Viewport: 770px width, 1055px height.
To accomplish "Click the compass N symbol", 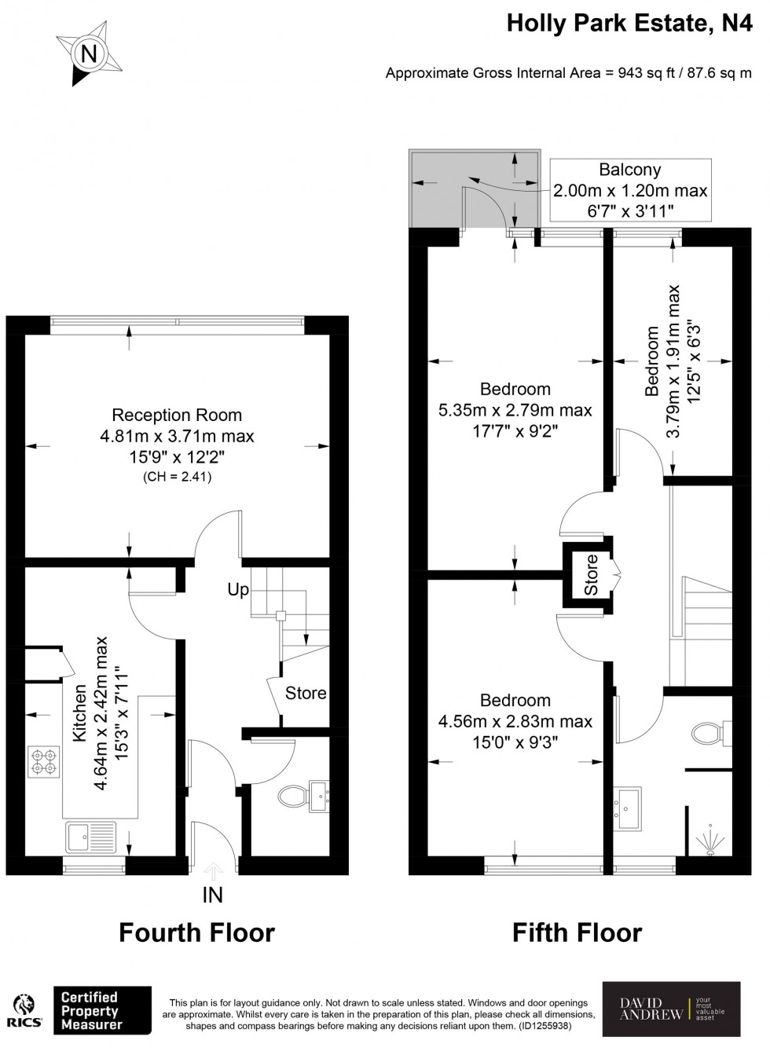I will pos(89,54).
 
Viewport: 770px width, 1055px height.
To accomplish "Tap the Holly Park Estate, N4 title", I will pos(629,24).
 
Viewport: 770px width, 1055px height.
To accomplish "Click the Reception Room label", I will pos(177,415).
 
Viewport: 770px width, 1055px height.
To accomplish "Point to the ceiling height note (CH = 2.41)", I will pos(177,476).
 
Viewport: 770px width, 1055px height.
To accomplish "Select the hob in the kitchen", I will pos(44,761).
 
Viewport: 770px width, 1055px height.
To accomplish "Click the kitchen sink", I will pos(90,837).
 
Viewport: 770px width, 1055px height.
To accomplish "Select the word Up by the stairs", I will pos(238,589).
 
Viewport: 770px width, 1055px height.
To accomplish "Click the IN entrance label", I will pos(212,894).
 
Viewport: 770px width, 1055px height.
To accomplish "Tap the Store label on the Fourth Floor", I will pos(306,693).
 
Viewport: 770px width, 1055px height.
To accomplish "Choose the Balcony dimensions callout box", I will pos(630,190).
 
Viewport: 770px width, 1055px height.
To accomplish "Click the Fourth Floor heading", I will pos(196,932).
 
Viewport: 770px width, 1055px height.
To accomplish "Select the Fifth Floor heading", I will pos(577,932).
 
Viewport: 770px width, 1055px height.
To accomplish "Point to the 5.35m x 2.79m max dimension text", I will pos(515,410).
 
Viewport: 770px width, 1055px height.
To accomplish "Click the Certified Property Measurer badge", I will pos(101,1010).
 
